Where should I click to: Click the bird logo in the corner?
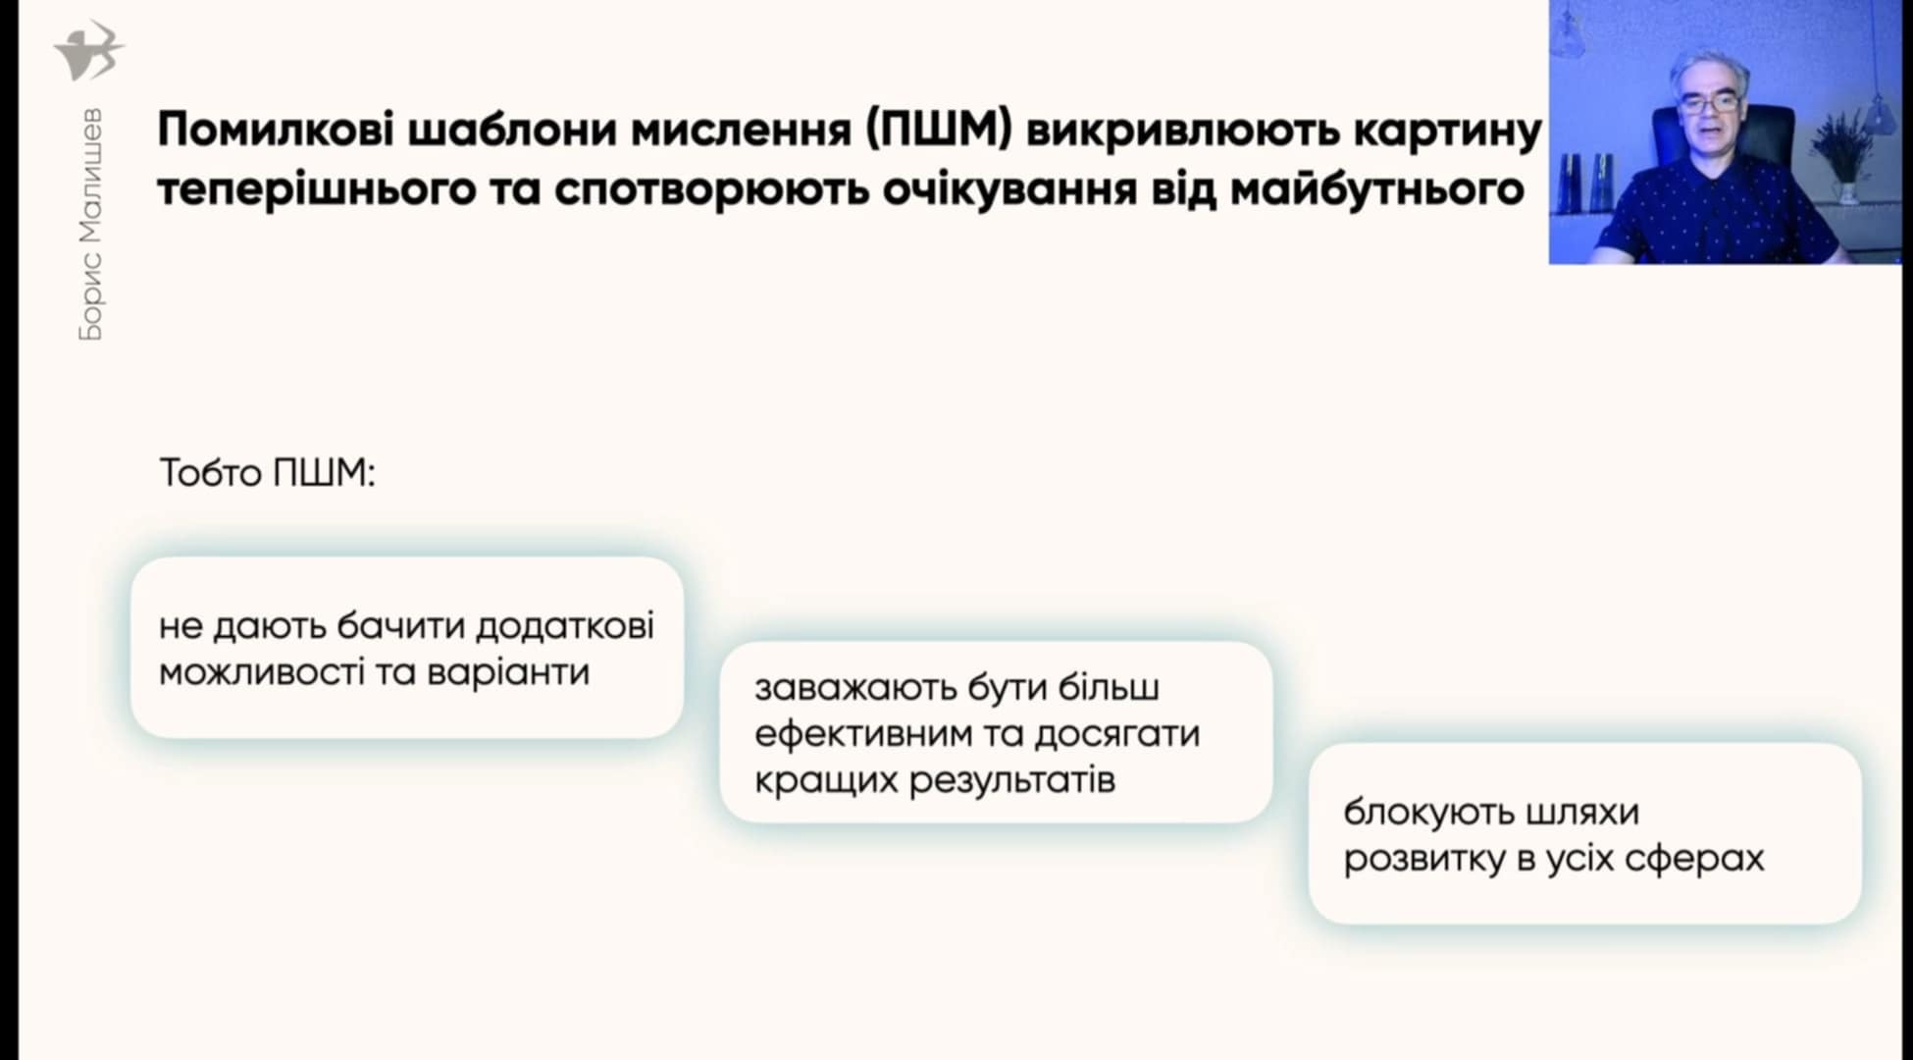[x=89, y=51]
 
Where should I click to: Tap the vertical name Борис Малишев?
[x=89, y=224]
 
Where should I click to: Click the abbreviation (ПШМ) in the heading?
[x=939, y=131]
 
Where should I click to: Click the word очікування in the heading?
[x=1009, y=189]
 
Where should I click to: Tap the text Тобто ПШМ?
[x=268, y=473]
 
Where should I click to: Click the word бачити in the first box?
[x=401, y=626]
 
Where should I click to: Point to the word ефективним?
[x=862, y=734]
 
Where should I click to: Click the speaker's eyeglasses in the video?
[x=1707, y=101]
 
